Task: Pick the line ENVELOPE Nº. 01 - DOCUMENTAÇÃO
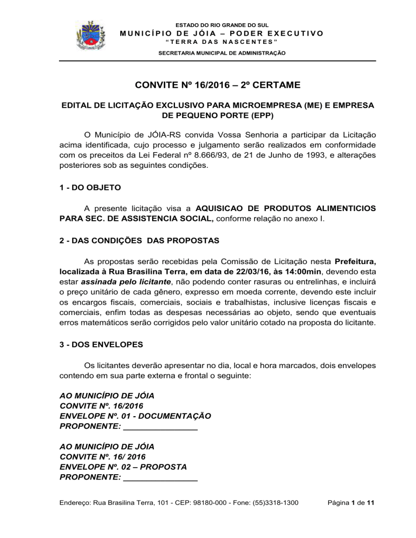[x=135, y=416]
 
